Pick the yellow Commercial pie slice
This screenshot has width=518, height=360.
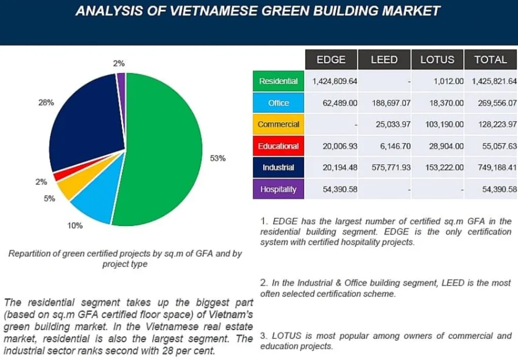[67, 188]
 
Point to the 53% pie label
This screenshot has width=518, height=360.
[218, 158]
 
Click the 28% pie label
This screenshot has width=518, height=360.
[46, 102]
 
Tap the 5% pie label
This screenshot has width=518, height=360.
[49, 199]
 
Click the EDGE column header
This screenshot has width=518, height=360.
[331, 60]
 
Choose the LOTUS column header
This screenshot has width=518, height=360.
[437, 60]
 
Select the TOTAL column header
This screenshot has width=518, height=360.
[490, 60]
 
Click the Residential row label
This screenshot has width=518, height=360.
[278, 81]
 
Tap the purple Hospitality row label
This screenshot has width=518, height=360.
[278, 190]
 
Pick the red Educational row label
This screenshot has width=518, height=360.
[278, 146]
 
